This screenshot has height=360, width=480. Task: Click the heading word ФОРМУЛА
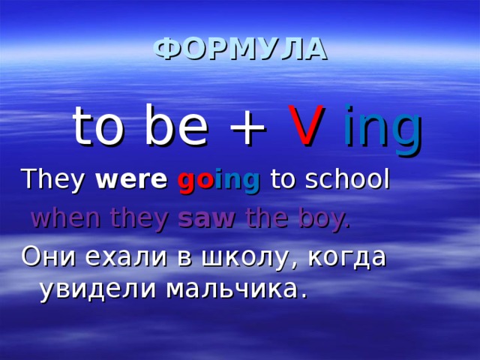pyautogui.click(x=240, y=49)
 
